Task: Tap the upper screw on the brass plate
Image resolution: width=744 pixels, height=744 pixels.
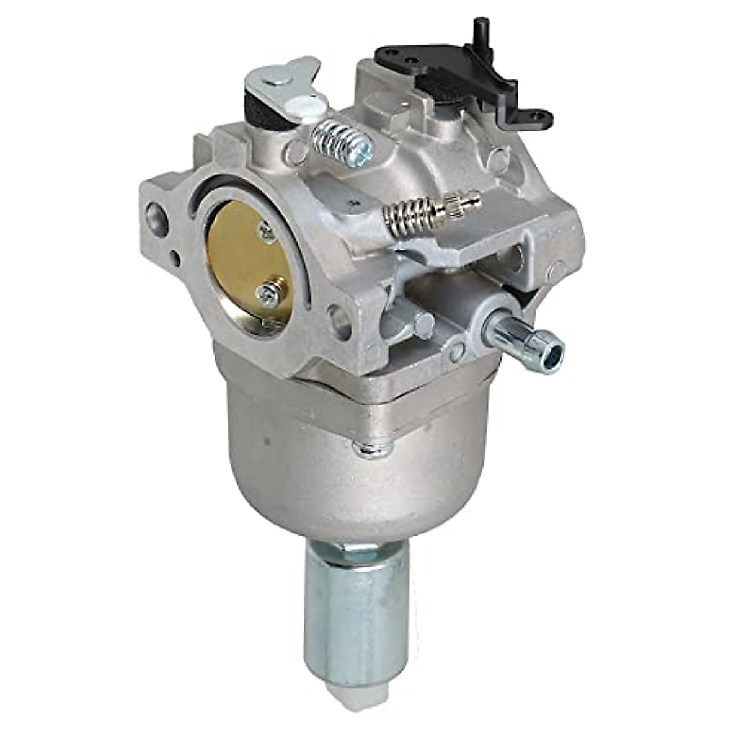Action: (267, 231)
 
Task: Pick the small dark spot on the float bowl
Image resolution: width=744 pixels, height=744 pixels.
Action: (265, 444)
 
